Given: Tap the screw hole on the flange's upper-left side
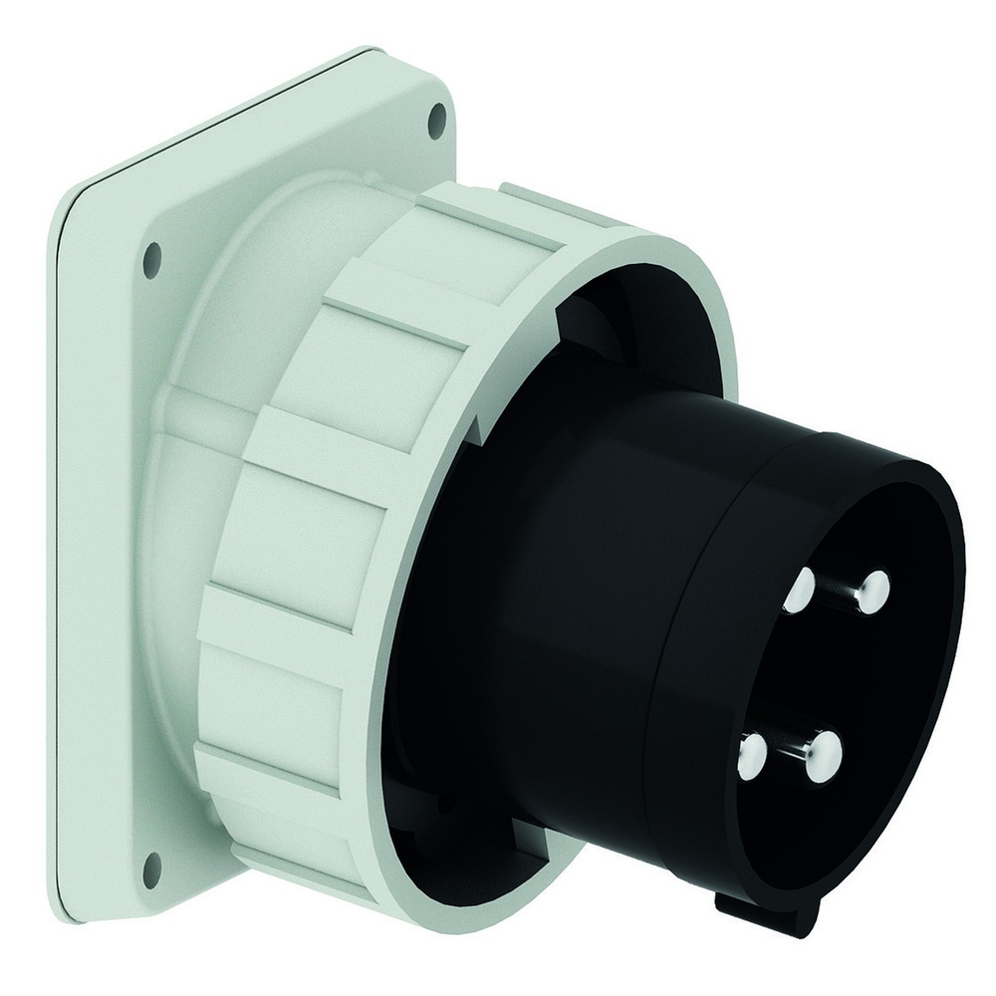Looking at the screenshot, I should coord(151,259).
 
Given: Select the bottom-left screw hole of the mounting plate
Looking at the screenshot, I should coord(151,870).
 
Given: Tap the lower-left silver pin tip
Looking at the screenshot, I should coord(752,758).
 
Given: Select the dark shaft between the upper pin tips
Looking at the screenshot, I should coord(837,593).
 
